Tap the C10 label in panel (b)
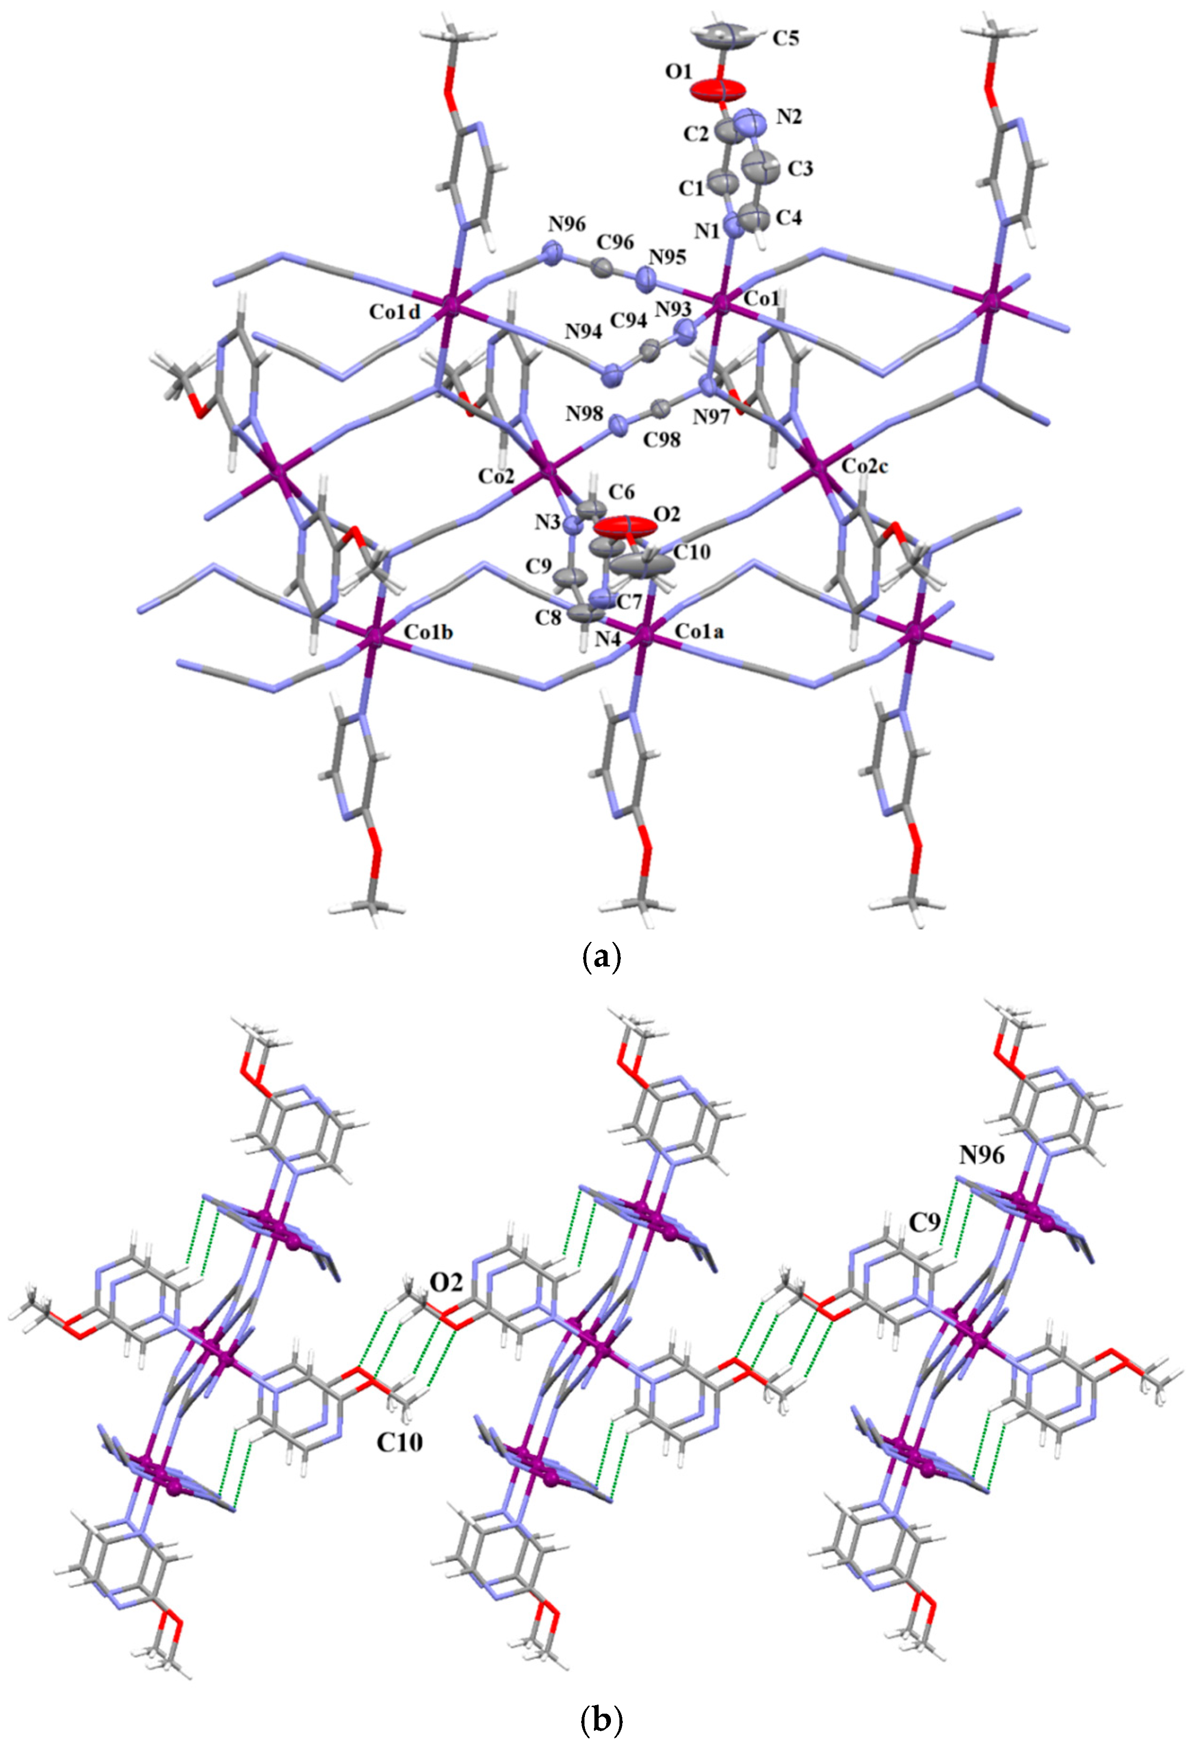pyautogui.click(x=399, y=1440)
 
